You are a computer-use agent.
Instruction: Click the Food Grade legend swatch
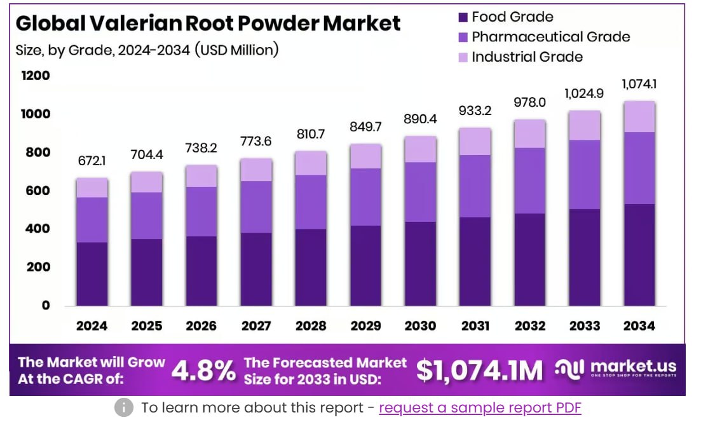coord(463,17)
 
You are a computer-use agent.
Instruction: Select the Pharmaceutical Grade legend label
coord(550,37)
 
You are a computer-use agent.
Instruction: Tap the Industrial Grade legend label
coord(527,57)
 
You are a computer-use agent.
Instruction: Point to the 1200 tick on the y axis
coord(37,76)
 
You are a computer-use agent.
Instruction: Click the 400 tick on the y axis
coord(37,229)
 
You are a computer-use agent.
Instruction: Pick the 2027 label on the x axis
coord(257,326)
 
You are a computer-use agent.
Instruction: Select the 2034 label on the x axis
coord(639,326)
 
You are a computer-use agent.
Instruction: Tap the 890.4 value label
coord(420,119)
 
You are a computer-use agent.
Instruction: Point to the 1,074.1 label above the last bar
coord(639,84)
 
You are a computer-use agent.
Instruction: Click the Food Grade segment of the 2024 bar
coord(93,273)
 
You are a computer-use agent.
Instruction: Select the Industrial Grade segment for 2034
coord(639,116)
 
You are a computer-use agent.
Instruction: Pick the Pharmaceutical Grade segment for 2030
coord(420,192)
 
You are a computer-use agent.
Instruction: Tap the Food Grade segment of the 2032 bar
coord(529,259)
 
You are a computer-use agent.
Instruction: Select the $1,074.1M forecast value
coord(480,371)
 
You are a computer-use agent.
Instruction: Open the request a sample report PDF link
coord(480,408)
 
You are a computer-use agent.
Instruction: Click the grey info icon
coord(124,408)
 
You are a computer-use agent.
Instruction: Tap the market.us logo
coord(615,368)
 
